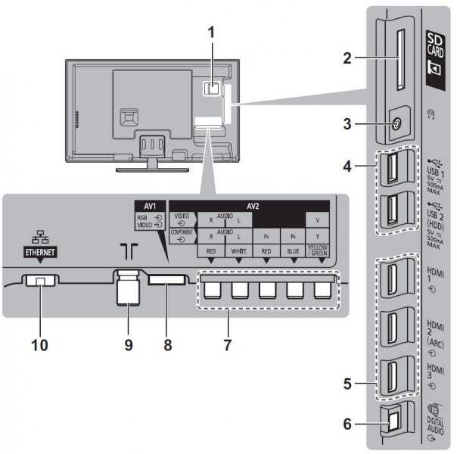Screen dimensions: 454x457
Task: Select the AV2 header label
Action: [249, 205]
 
